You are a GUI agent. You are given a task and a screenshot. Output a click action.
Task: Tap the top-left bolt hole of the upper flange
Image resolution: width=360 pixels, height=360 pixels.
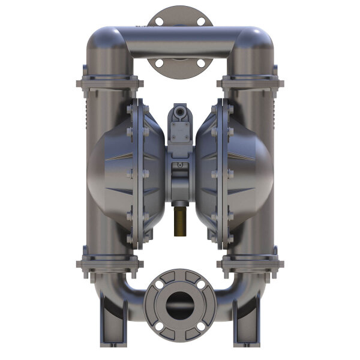(x=159, y=22)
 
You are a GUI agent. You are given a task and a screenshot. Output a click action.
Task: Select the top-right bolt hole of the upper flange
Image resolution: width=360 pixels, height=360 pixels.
(x=201, y=22)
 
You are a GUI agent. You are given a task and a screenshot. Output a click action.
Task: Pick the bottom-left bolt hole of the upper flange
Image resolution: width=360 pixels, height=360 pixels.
(x=159, y=62)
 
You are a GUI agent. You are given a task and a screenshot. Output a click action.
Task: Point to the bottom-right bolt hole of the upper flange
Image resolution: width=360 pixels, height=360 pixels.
(x=201, y=62)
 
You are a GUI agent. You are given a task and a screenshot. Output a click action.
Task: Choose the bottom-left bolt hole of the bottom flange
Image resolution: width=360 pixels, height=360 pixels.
(x=159, y=326)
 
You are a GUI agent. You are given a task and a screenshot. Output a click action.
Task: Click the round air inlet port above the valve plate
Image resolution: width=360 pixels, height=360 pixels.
(x=179, y=112)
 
